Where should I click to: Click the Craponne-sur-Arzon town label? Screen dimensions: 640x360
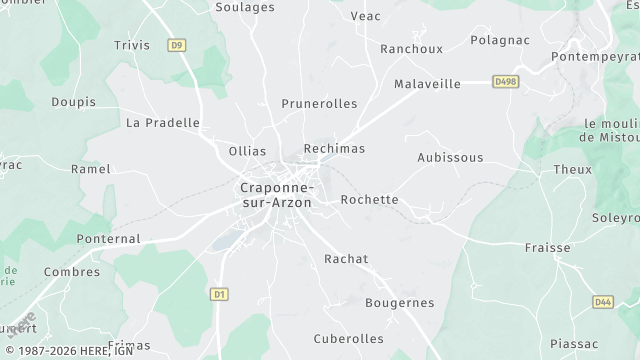[x=275, y=194]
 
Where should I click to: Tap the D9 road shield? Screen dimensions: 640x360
[x=177, y=45]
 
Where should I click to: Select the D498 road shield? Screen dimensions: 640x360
[x=506, y=81]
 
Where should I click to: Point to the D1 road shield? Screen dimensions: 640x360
[x=220, y=294]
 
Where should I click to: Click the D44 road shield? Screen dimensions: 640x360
[x=602, y=301]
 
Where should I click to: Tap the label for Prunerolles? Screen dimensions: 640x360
[x=319, y=104]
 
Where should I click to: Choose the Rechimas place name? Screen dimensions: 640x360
[x=334, y=149]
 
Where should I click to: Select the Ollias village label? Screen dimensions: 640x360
[x=247, y=151]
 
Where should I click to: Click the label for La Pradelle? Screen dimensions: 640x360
[x=163, y=123]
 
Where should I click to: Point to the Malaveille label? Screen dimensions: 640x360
[x=427, y=84]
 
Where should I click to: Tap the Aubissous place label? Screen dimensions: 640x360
[x=450, y=158]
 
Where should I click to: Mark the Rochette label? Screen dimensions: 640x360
[x=369, y=200]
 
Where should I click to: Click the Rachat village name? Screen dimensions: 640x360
[x=346, y=259]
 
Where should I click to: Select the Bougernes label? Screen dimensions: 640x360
[x=400, y=303]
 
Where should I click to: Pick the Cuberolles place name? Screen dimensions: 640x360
[x=348, y=339]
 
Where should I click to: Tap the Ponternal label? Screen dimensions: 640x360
[x=108, y=240]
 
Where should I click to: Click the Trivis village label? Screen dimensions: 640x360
[x=132, y=45]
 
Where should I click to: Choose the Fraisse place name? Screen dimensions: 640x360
[x=547, y=248]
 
